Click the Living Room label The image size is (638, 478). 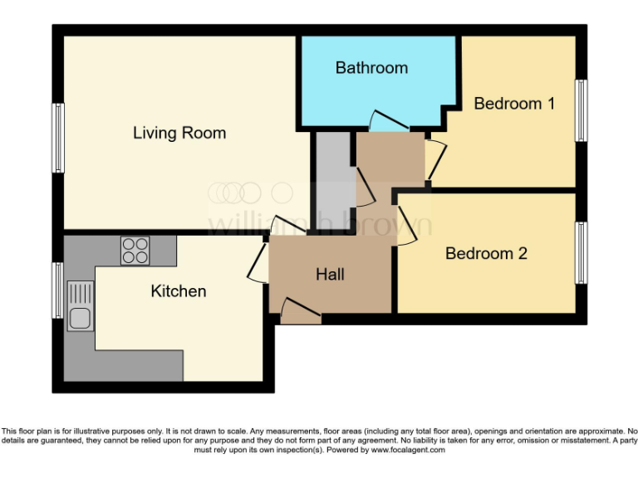click(179, 133)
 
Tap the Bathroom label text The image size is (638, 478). click(371, 68)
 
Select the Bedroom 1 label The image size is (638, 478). click(514, 104)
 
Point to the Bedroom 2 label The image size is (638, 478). click(486, 254)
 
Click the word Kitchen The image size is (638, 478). click(178, 291)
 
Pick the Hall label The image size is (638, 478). click(330, 275)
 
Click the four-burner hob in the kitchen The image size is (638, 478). click(135, 250)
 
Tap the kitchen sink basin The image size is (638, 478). click(81, 318)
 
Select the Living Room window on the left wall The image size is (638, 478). click(58, 138)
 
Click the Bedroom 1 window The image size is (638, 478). click(582, 110)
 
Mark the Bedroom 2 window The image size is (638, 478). click(582, 252)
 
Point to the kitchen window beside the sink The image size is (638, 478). click(58, 290)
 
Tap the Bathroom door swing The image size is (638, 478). click(386, 123)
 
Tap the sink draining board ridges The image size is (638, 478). click(81, 293)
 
